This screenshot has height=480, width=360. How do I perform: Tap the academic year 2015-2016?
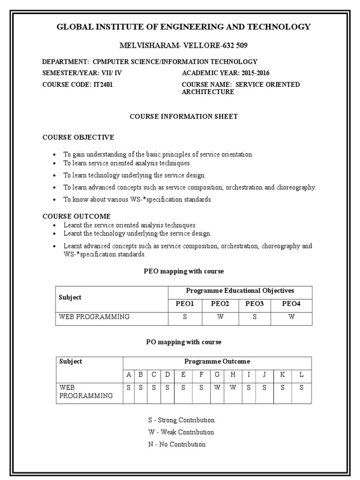(x=255, y=73)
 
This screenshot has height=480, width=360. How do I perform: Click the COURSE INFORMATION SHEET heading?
(x=184, y=116)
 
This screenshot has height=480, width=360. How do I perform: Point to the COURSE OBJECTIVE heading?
(x=78, y=137)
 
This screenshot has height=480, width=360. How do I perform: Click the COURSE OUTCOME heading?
(x=76, y=216)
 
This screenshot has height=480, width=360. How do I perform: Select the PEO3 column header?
(x=255, y=304)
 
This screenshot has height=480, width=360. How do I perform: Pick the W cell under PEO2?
(x=220, y=317)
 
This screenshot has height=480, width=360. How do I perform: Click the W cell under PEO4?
(x=291, y=317)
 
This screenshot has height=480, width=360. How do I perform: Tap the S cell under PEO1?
(x=185, y=317)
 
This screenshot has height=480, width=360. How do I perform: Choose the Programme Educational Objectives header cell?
(x=240, y=291)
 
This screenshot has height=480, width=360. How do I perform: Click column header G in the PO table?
(x=217, y=375)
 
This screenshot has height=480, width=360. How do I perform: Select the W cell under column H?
(x=233, y=388)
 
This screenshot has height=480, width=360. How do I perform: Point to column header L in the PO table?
(x=301, y=375)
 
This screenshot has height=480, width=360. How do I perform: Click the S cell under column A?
(x=128, y=388)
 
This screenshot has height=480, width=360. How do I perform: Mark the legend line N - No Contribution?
(x=177, y=444)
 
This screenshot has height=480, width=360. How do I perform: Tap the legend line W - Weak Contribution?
(x=181, y=432)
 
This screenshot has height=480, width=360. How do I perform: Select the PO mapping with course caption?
(x=184, y=342)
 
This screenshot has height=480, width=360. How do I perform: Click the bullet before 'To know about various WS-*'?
(x=55, y=200)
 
